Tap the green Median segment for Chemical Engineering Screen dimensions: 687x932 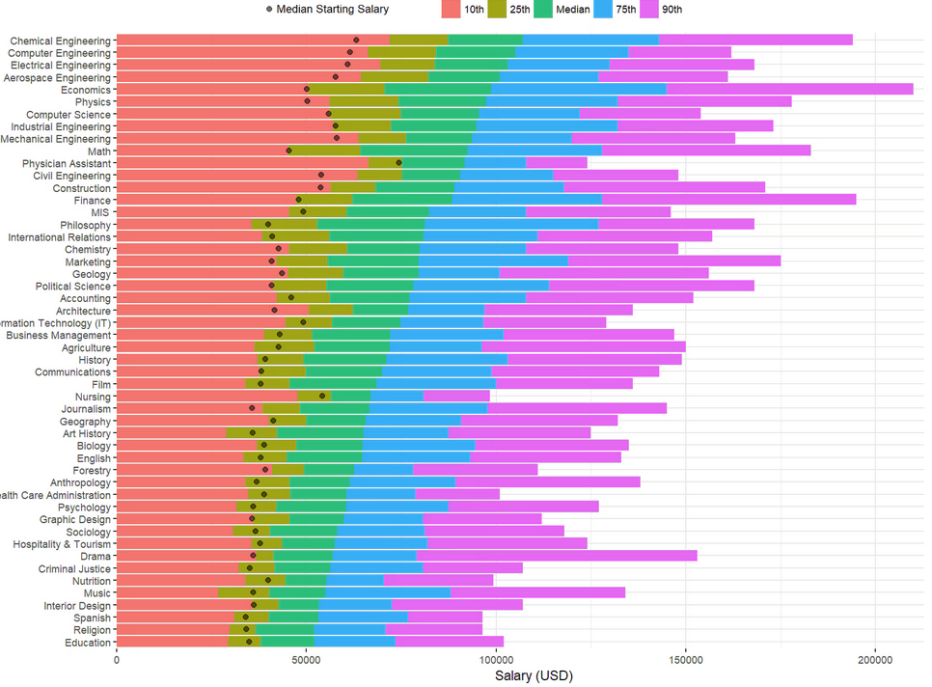(485, 41)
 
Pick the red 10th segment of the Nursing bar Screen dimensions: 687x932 (206, 397)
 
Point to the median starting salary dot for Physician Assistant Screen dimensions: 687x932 (398, 163)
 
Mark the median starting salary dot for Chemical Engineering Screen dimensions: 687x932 (356, 41)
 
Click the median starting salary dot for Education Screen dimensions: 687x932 (249, 642)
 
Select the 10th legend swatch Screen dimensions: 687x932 (451, 10)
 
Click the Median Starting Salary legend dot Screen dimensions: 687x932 (268, 10)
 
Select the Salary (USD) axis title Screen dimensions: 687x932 (533, 676)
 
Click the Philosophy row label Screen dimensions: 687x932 (85, 225)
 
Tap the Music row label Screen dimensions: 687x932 (97, 592)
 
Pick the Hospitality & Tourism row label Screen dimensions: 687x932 (60, 544)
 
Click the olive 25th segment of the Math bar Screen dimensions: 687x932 (326, 151)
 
